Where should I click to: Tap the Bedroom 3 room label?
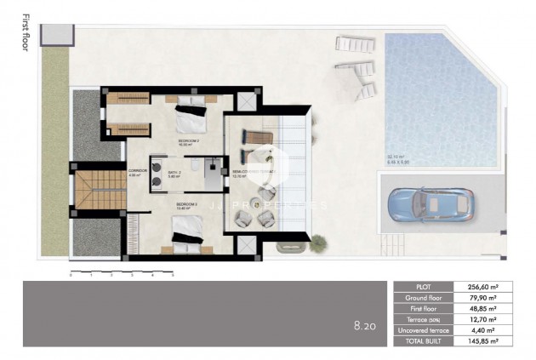[x=187, y=205]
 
